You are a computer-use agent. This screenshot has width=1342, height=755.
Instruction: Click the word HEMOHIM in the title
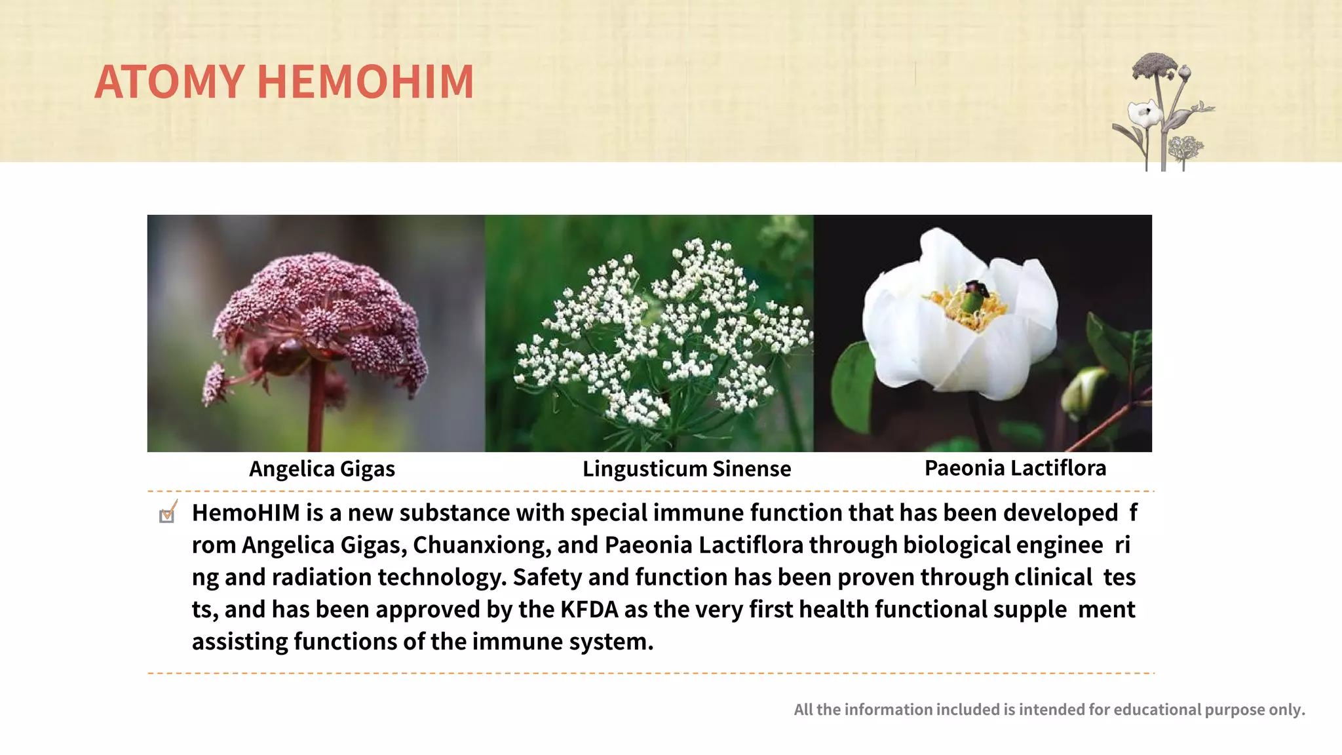(x=365, y=82)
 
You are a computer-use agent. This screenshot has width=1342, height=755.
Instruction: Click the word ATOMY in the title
(x=169, y=82)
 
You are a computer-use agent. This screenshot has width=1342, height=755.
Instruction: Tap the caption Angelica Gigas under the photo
(x=322, y=469)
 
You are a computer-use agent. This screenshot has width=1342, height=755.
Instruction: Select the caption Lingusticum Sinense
(x=687, y=469)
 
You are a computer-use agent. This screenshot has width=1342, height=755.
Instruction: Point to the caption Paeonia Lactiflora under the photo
(x=1015, y=468)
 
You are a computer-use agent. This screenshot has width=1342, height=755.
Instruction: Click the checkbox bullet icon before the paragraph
(x=168, y=513)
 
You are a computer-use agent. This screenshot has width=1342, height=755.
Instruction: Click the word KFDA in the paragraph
(x=589, y=610)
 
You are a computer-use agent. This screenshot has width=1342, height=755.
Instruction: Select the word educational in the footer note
(x=1157, y=710)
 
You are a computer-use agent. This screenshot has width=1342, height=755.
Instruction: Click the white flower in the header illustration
(x=1144, y=114)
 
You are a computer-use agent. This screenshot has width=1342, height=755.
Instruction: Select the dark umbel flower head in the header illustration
(x=1154, y=65)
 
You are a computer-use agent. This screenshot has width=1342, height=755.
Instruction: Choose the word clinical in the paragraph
(x=1053, y=577)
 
